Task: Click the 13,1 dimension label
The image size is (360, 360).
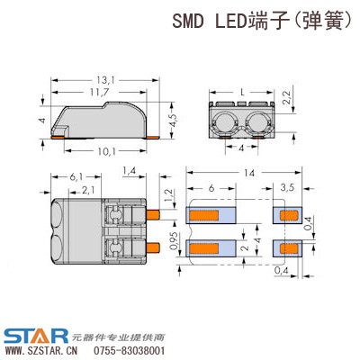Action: coord(106,80)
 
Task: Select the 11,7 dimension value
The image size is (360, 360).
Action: coord(100,92)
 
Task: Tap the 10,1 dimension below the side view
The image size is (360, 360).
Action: coord(106,152)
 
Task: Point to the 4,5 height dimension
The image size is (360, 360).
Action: coord(174,121)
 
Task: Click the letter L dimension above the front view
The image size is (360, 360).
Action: coord(242,93)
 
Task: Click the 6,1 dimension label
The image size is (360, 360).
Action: coord(76,177)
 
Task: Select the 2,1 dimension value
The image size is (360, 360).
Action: coord(88,191)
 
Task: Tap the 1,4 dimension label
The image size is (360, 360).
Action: coord(129,171)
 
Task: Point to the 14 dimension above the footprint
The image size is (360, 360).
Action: coord(248,173)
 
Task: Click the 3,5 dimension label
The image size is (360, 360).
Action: coord(287,188)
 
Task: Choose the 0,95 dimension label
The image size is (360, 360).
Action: coord(174,242)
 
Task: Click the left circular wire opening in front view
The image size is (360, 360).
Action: coord(224,123)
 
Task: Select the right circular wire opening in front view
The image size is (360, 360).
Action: coord(257,123)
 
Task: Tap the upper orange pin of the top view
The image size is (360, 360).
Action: coord(153,215)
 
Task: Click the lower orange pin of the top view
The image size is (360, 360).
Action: coord(153,247)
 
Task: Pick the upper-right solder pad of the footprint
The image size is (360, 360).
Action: coord(287,215)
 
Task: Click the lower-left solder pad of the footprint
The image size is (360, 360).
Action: coord(211,248)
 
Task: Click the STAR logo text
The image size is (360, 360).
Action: coord(36,337)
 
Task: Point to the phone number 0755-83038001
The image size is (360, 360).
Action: coord(130,351)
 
